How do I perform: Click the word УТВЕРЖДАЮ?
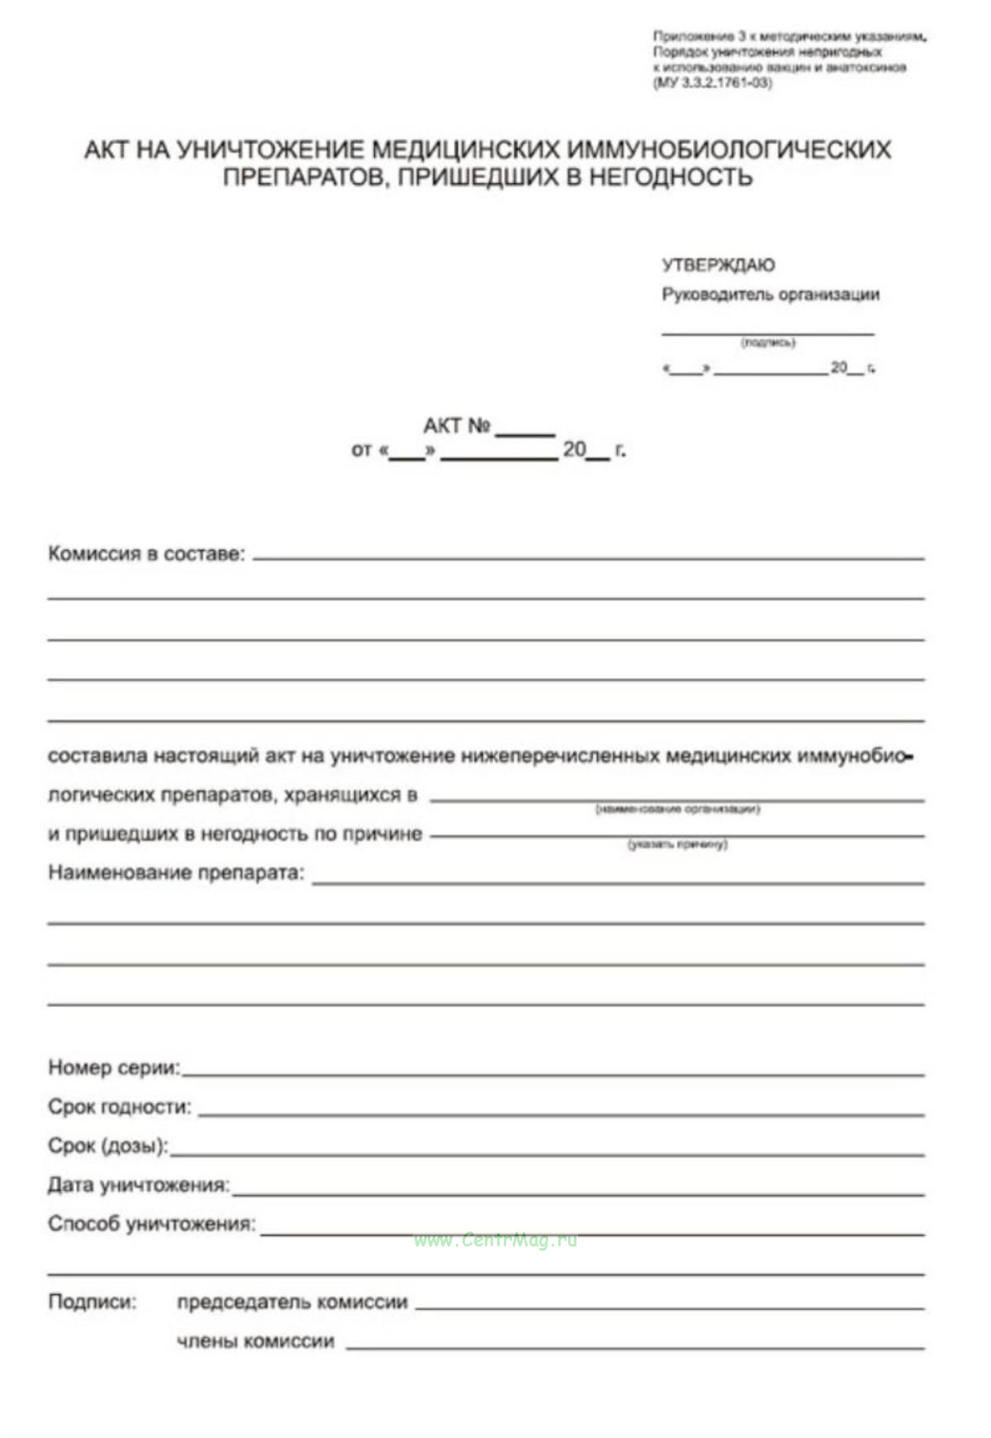pos(718,265)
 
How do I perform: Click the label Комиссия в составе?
pos(146,553)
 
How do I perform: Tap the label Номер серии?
pos(114,1067)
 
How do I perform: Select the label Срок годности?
pos(119,1106)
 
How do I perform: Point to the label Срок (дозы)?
pos(107,1146)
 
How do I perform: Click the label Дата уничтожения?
pos(138,1185)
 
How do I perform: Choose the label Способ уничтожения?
pos(151,1223)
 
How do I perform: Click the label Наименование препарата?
pos(176,873)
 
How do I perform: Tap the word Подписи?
pos(92,1302)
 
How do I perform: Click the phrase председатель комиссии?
pos(292,1302)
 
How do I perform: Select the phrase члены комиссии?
pos(255,1341)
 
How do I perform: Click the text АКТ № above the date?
pos(457,426)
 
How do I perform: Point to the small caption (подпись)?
pos(768,342)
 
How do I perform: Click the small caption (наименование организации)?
pos(677,809)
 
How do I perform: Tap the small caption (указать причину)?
pos(677,844)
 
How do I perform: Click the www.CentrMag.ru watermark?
pos(495,1240)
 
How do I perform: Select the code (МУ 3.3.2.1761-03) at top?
pos(713,83)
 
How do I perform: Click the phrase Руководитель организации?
pos(770,295)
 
